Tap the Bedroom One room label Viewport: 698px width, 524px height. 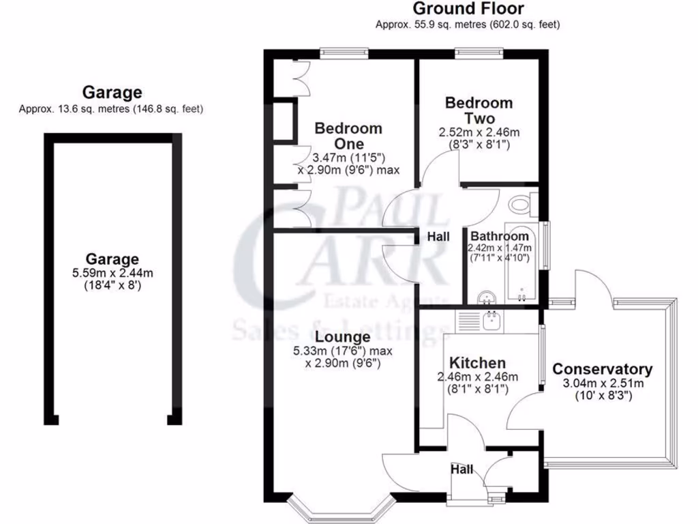[348, 136]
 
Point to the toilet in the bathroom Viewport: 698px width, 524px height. [521, 203]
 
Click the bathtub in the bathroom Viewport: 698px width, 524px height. [521, 263]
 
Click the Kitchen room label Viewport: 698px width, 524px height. [477, 363]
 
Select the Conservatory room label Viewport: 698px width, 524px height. [602, 369]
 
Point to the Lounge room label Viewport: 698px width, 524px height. [343, 337]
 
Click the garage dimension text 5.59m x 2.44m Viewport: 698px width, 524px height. [112, 274]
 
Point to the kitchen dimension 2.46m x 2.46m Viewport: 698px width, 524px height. [477, 377]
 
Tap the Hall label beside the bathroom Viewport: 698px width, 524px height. [438, 237]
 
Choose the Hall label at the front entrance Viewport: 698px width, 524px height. [461, 469]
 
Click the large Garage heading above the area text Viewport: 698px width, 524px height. [112, 92]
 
